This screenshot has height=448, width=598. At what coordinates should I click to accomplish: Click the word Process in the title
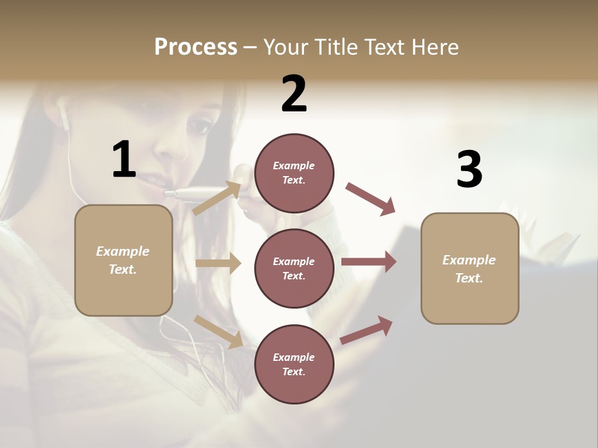coord(196,47)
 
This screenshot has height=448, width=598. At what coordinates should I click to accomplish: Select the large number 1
coord(124,160)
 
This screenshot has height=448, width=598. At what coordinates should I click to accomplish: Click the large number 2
coord(294,94)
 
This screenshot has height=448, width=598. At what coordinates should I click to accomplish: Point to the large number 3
coord(469,170)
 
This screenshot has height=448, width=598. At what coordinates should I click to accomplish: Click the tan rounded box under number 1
coord(123,260)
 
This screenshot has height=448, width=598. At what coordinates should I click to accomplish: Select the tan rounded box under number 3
coord(470,268)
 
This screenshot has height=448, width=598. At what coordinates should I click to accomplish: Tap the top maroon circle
coord(294,172)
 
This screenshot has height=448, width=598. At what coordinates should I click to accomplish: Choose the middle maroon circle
coord(294,268)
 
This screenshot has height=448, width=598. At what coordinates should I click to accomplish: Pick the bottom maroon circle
coord(294,364)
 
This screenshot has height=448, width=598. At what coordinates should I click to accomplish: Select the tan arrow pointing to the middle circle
coord(218,263)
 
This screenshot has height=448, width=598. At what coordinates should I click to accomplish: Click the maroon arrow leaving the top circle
coord(371,199)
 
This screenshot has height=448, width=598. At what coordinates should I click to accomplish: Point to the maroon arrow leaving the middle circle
coord(369,262)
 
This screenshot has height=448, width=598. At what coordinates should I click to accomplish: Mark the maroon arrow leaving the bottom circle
coord(367,330)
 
